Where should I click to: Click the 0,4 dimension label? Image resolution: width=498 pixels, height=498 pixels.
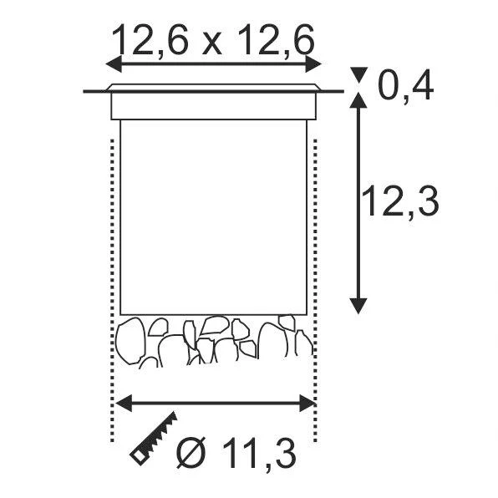click(x=405, y=86)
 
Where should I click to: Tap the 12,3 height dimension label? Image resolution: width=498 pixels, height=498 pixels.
click(x=400, y=202)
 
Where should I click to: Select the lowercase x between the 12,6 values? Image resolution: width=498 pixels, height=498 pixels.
click(x=212, y=44)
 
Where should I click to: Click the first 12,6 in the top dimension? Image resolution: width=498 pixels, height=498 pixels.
click(x=150, y=41)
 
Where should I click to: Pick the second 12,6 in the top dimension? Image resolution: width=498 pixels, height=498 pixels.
click(x=275, y=41)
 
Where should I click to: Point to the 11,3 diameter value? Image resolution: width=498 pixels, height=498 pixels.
click(x=259, y=453)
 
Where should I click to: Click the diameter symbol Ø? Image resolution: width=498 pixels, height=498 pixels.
click(x=191, y=453)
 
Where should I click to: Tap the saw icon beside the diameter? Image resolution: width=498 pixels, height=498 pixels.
click(x=154, y=439)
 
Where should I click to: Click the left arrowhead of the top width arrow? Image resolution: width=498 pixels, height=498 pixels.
click(x=114, y=64)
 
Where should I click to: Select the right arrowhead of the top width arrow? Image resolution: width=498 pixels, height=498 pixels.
click(x=313, y=64)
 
